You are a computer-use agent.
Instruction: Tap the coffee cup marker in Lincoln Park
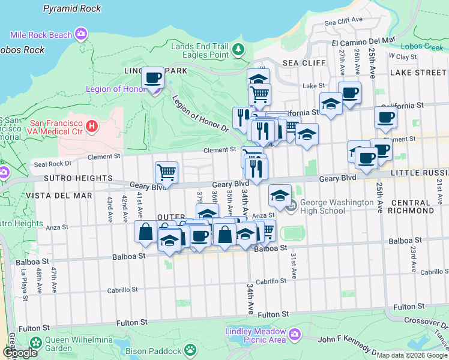153,78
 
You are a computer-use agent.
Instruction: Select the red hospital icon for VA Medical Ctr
91,126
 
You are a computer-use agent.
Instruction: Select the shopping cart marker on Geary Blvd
166,173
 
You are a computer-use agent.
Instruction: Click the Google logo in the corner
20,353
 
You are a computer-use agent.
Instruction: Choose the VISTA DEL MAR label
66,196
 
